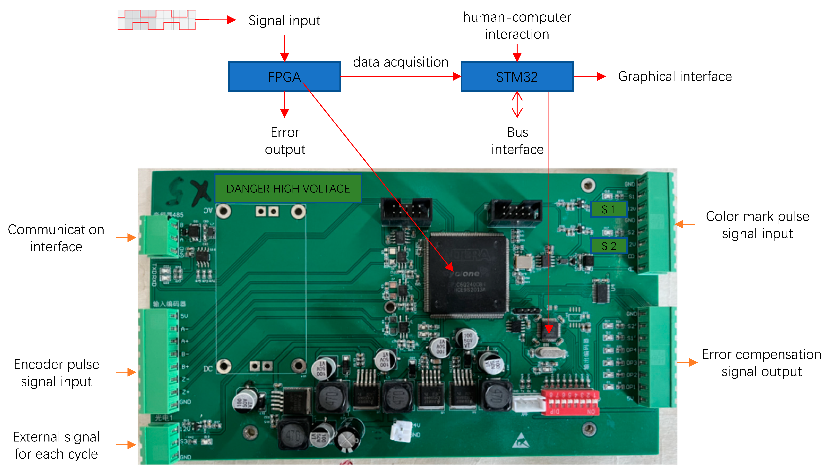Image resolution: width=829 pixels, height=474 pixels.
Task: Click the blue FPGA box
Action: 284,77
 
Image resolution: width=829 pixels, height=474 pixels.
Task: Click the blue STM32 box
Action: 517,77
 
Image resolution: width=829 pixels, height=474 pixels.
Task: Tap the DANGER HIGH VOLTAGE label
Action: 288,188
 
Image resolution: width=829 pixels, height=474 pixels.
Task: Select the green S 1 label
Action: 608,209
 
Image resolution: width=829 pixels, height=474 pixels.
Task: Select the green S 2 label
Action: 608,246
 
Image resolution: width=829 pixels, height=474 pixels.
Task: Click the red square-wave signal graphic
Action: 156,20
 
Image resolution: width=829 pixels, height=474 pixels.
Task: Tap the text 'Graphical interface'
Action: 675,77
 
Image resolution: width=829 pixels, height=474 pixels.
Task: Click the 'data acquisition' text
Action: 401,62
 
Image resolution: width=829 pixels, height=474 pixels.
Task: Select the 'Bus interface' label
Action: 517,141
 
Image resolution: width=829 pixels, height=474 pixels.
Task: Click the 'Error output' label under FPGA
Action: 285,141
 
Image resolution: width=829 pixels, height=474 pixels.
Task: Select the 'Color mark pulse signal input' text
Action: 757,225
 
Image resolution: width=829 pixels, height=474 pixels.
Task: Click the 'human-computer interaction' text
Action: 517,25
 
